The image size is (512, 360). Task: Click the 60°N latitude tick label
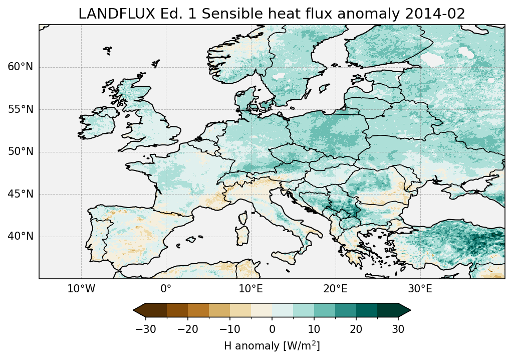pyautogui.click(x=20, y=67)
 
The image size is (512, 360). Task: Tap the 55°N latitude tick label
pyautogui.click(x=20, y=109)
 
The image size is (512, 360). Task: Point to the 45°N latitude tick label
pyautogui.click(x=20, y=194)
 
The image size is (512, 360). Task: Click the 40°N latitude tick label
pyautogui.click(x=20, y=236)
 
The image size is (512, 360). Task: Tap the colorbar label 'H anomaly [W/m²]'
pyautogui.click(x=272, y=345)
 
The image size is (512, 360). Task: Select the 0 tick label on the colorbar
pyautogui.click(x=272, y=329)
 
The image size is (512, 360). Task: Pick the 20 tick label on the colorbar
pyautogui.click(x=356, y=329)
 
